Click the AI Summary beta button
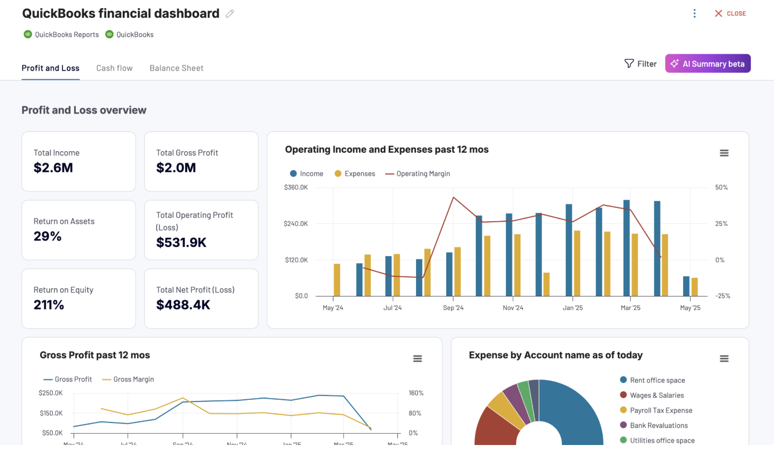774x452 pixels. point(707,63)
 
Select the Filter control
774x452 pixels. point(641,63)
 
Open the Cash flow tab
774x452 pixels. point(114,68)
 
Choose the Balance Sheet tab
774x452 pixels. point(177,68)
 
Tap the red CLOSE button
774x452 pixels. point(730,13)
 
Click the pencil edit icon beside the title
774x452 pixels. point(230,14)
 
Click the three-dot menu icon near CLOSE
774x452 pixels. point(695,13)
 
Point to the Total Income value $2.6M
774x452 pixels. point(53,168)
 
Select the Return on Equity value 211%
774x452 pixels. point(49,305)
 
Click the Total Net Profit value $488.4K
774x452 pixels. point(183,305)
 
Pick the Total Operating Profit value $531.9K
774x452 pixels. point(181,243)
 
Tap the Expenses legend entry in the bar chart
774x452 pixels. point(355,174)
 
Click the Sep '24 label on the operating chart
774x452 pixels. point(453,308)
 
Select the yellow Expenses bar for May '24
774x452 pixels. point(337,280)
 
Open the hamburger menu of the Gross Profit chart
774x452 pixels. point(417,358)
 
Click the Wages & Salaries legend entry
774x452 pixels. point(656,395)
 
